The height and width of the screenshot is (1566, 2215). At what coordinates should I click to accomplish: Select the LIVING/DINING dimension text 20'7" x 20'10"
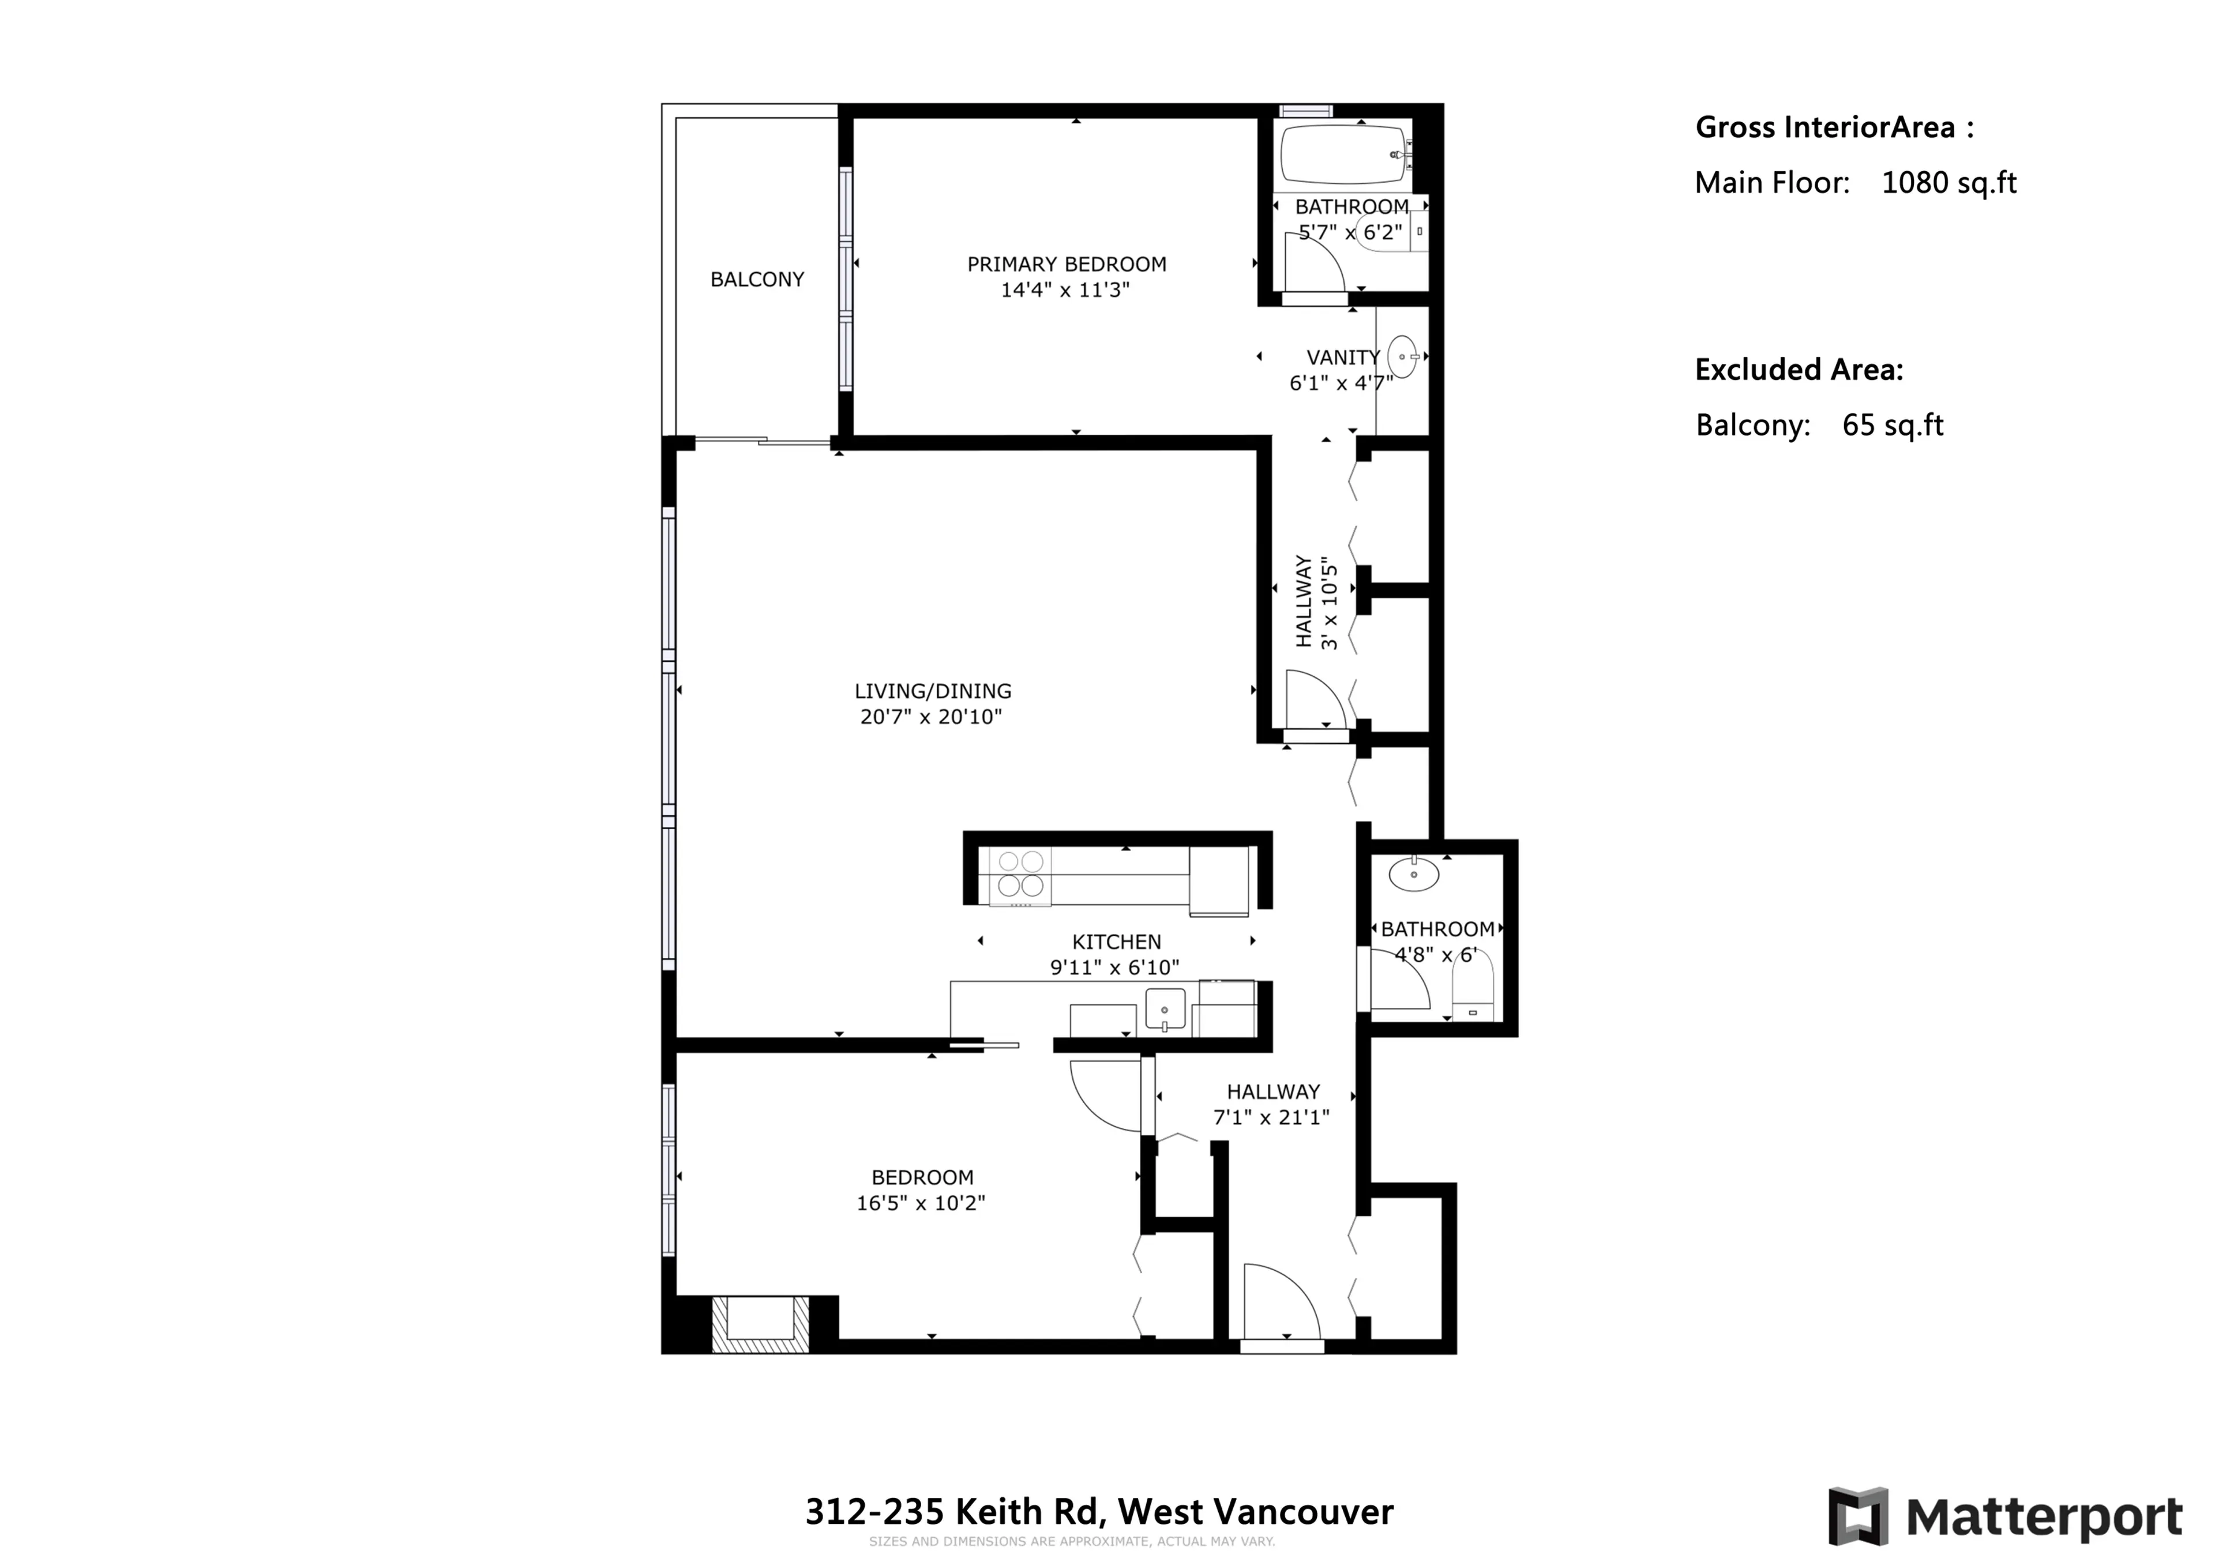tap(931, 717)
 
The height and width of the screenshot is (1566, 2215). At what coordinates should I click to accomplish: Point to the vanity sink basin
tap(1403, 357)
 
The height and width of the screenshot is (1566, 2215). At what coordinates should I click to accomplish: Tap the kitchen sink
tap(1165, 1008)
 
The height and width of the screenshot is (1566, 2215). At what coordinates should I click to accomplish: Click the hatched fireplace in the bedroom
tap(760, 1324)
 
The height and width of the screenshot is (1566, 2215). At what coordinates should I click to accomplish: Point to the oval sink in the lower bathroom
tap(1414, 875)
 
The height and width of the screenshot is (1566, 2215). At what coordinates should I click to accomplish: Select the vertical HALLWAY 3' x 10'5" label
tap(1316, 602)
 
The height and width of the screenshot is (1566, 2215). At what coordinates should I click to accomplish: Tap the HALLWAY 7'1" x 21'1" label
tap(1271, 1104)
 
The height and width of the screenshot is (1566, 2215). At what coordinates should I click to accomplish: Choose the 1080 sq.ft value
tap(1948, 183)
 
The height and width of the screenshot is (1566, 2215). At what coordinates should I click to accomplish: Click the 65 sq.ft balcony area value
tap(1892, 426)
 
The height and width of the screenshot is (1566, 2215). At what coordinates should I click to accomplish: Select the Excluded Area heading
tap(1798, 370)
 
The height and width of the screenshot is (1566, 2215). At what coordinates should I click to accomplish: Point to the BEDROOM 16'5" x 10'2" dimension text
tap(921, 1203)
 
